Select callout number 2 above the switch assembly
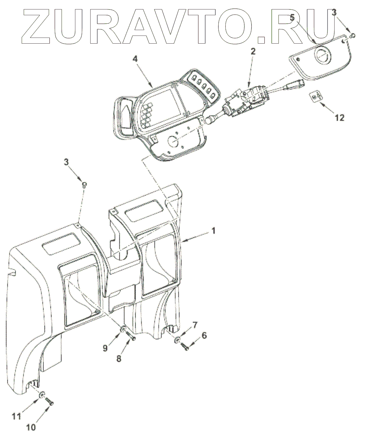253,51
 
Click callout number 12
339,117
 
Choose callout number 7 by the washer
195,325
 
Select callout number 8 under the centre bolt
119,359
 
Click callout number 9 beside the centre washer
105,347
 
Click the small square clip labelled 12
316,97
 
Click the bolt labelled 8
131,337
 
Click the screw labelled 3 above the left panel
85,184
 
